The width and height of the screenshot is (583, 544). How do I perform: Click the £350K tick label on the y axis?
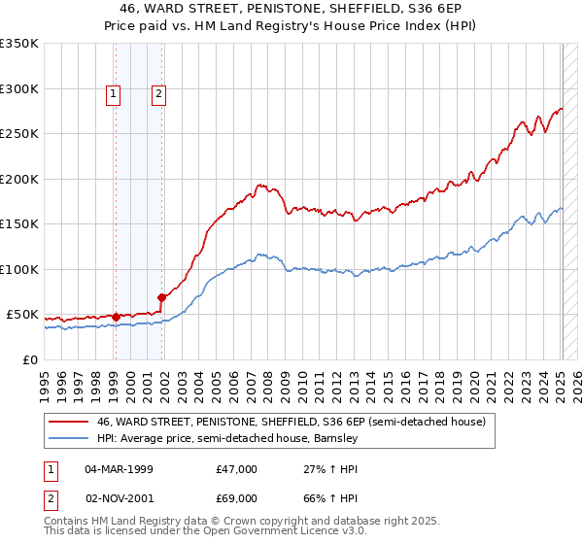(19, 44)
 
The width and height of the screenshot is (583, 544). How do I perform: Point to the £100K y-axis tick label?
(19, 269)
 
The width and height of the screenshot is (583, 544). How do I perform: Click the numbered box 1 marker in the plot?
(114, 94)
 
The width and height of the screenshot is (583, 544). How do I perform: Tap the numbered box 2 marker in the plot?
(158, 94)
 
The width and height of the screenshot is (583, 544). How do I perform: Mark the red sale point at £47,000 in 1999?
(116, 317)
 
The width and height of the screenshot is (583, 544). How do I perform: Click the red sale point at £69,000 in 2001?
(161, 297)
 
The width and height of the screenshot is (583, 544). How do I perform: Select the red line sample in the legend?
(68, 422)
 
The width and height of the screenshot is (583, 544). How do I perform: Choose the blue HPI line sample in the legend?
(68, 438)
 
